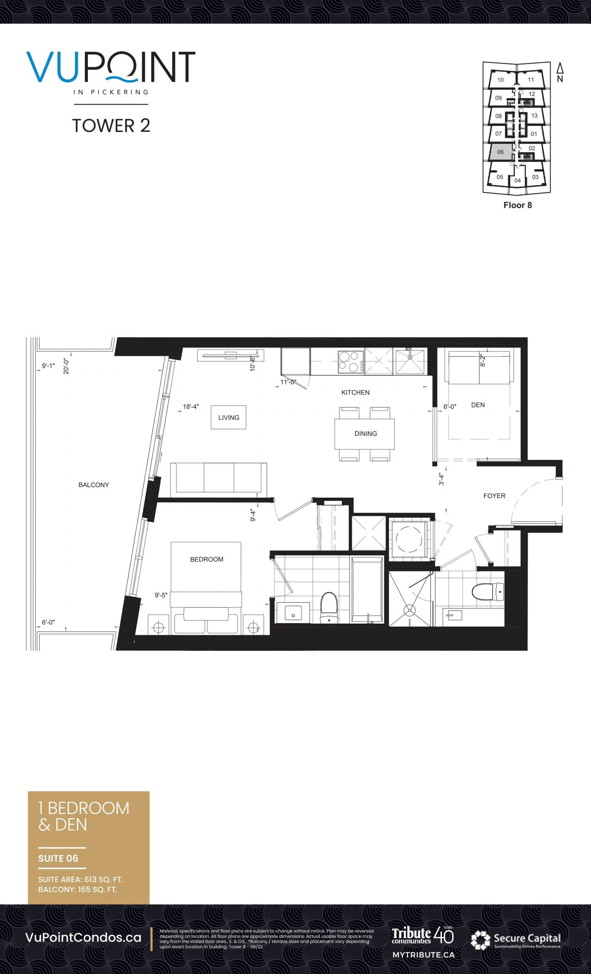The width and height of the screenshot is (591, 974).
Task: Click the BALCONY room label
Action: pos(94,485)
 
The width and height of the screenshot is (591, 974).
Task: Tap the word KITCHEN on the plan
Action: pos(355,393)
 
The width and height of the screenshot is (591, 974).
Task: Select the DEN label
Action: pos(478,405)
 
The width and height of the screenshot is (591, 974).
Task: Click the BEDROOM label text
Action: pos(207,559)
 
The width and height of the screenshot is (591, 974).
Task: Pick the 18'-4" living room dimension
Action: pos(191,407)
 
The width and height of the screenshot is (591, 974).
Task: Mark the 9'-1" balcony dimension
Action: pos(48,366)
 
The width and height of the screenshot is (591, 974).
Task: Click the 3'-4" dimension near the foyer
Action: pos(442,479)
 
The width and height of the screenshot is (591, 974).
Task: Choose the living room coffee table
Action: pos(228,417)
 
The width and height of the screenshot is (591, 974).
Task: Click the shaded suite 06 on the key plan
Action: pos(500,152)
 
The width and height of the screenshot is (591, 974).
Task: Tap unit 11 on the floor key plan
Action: pos(531,80)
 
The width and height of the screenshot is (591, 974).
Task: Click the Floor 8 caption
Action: pos(518,205)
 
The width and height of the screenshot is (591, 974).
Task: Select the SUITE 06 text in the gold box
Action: pos(58,858)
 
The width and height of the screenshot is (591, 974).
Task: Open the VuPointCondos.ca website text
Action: pos(83,937)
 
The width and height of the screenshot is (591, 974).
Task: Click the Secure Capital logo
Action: pos(516,938)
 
